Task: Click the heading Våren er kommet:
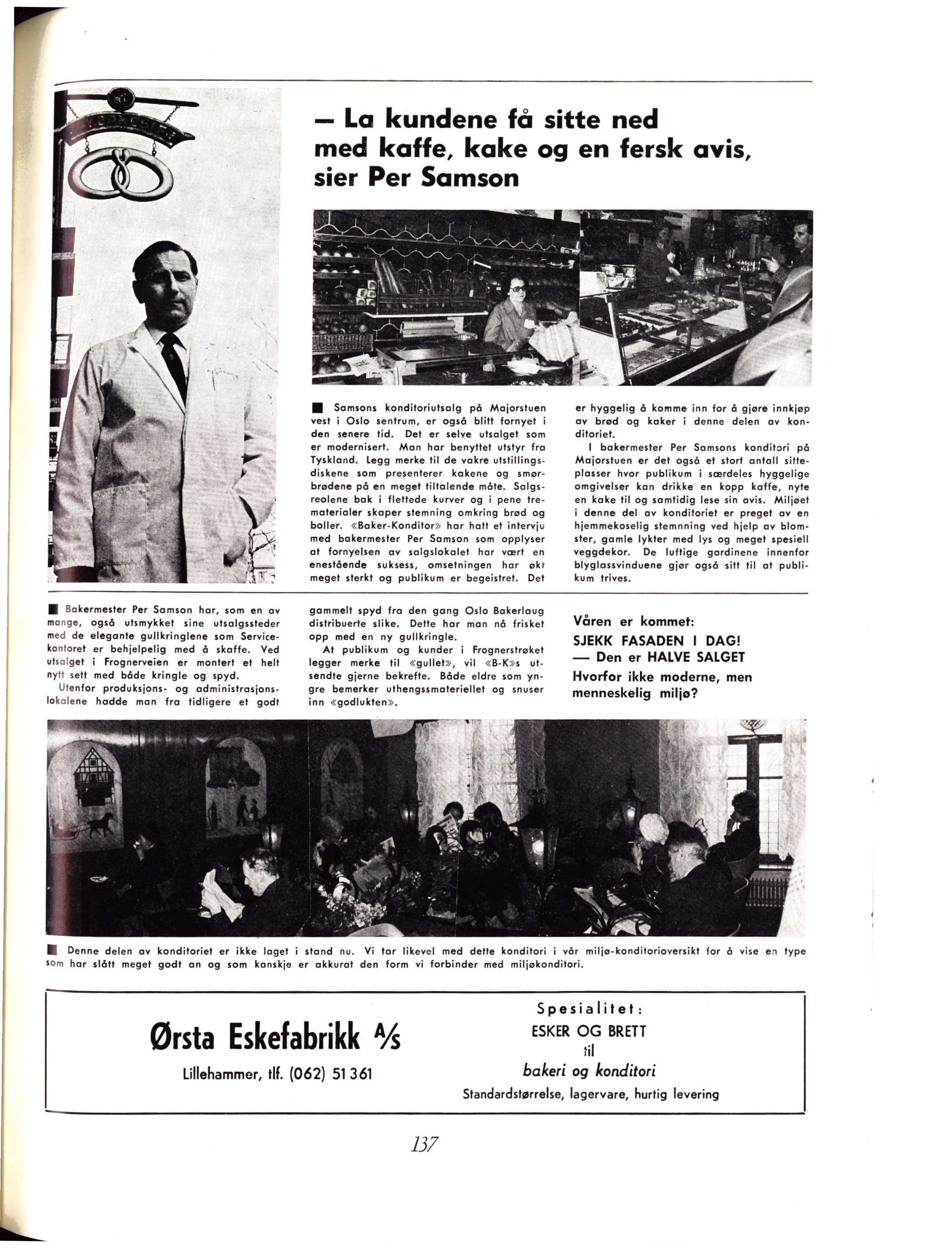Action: [633, 622]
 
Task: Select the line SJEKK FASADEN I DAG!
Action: [657, 641]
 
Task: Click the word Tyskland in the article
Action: [332, 461]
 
